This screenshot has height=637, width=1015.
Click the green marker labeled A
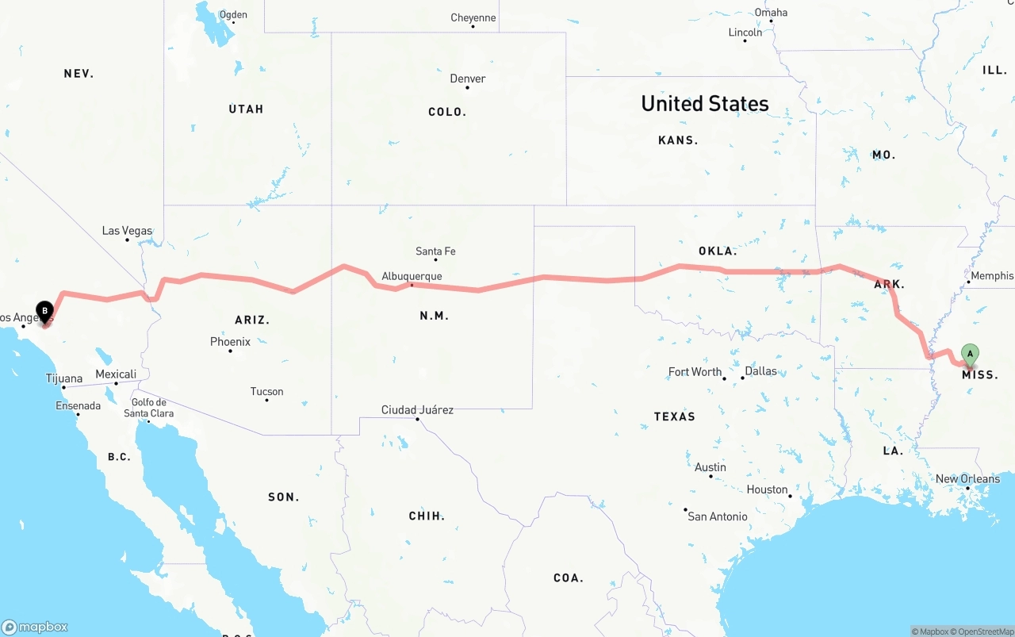coord(970,354)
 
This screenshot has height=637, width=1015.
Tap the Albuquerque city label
coord(412,276)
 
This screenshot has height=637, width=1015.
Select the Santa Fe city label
coord(435,251)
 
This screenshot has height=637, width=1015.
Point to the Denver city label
coord(468,79)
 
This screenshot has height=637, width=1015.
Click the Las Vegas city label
coord(127,231)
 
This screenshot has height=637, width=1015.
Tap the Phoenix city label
coord(230,342)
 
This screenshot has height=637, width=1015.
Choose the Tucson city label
coord(266,391)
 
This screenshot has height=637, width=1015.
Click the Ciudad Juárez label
coord(417,410)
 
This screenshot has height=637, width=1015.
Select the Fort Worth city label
coord(695,371)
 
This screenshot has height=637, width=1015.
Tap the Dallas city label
coord(761,370)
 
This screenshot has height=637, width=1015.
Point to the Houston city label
coord(767,489)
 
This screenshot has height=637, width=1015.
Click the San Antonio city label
coord(717,516)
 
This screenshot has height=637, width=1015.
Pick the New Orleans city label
coord(967,478)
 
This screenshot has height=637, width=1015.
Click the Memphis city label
coord(991,275)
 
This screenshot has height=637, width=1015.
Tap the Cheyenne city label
coord(473,17)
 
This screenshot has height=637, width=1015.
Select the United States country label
coord(704,103)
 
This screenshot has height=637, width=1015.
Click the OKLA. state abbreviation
coord(718,251)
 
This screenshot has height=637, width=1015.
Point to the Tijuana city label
coord(64,378)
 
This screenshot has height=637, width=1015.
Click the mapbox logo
coord(35,627)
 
